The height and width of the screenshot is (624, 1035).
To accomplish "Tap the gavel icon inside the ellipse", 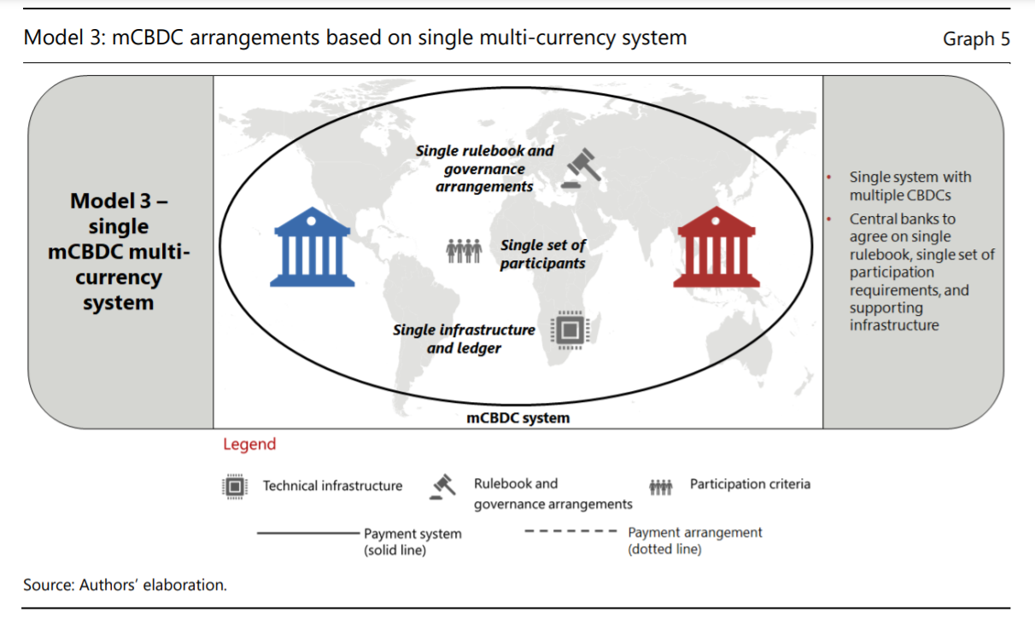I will pos(582,168).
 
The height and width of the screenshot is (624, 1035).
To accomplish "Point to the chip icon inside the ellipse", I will pos(570,329).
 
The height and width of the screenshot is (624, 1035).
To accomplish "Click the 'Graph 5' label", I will pos(976,39).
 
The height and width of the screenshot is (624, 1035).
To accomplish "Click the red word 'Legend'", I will pos(249,444).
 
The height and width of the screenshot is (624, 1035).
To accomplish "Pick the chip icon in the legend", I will pos(234,487).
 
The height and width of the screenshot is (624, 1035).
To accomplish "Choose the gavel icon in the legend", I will pos(443,486).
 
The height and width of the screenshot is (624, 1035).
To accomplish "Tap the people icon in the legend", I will pos(661,487).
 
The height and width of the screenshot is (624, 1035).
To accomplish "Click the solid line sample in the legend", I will pos(307,532).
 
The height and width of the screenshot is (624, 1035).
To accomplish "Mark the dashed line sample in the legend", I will pos(570,531).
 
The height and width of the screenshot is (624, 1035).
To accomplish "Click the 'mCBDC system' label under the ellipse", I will pos(517,418).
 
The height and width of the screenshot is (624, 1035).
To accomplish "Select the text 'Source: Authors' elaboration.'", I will pos(125,585).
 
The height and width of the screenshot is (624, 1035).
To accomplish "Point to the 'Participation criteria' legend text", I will pos(750,484).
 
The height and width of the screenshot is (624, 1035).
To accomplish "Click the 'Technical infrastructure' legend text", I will pos(332,486).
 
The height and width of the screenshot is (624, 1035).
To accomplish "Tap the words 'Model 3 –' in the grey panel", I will pos(119,201).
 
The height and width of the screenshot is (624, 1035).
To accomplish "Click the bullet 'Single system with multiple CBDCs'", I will pos(910,186).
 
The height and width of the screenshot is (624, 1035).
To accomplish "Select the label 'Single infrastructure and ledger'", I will pos(464,339).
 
